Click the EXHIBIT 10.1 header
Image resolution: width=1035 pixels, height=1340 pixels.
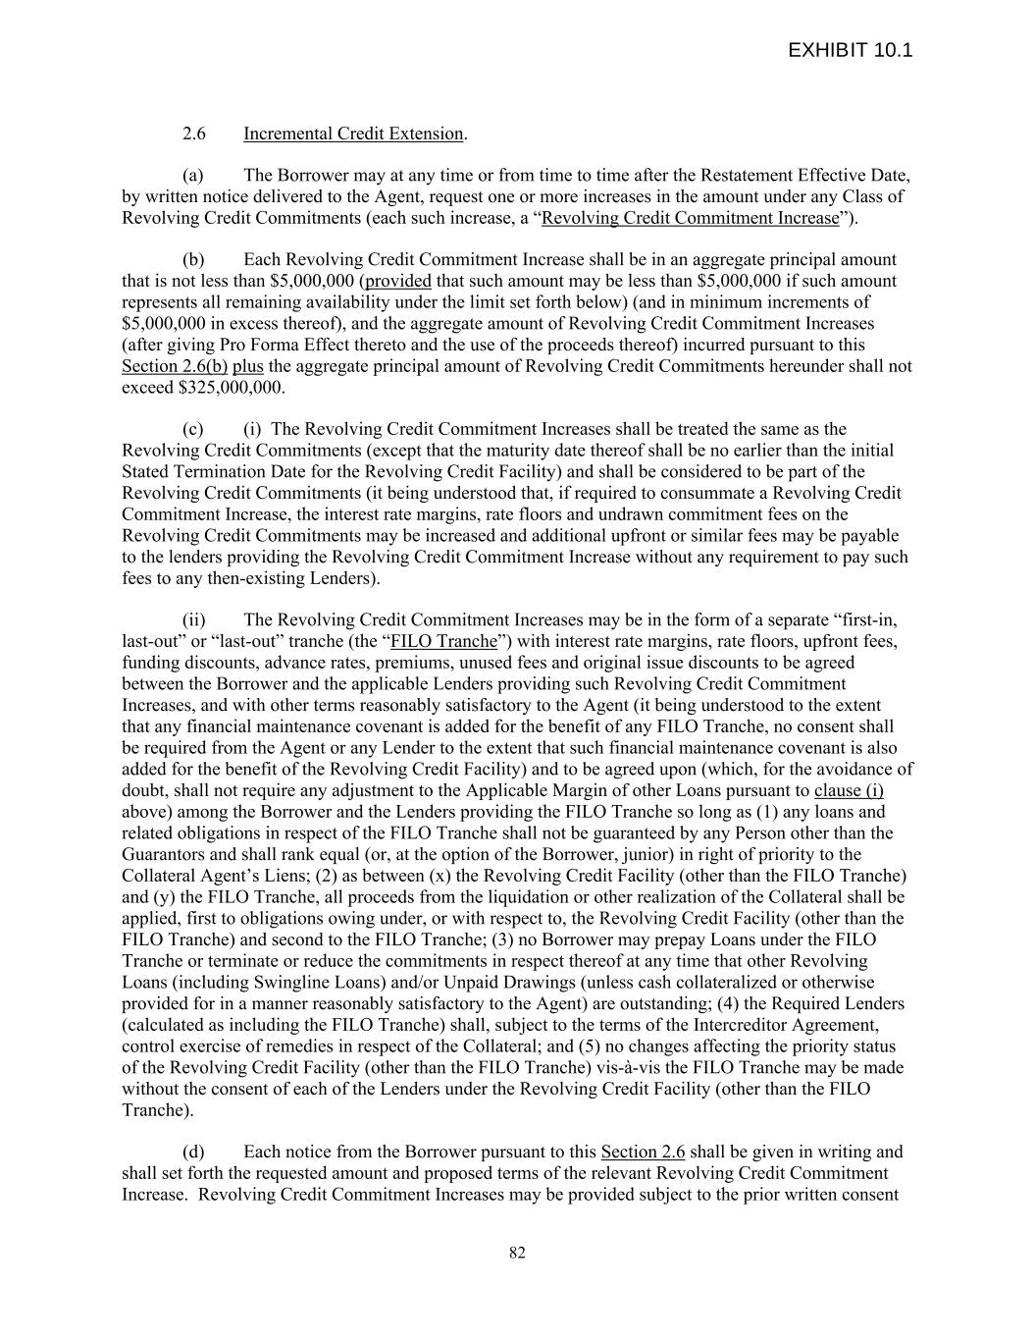click(x=850, y=50)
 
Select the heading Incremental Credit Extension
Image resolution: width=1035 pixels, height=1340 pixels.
click(x=353, y=134)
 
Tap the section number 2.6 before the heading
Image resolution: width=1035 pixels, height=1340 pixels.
click(x=193, y=134)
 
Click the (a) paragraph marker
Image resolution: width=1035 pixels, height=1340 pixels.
click(x=193, y=176)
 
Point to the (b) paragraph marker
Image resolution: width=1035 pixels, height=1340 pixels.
click(x=193, y=260)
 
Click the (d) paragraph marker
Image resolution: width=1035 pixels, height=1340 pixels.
click(x=193, y=1152)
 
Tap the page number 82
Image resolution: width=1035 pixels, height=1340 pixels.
click(x=517, y=1253)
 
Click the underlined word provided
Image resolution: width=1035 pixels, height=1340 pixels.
click(x=397, y=282)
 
